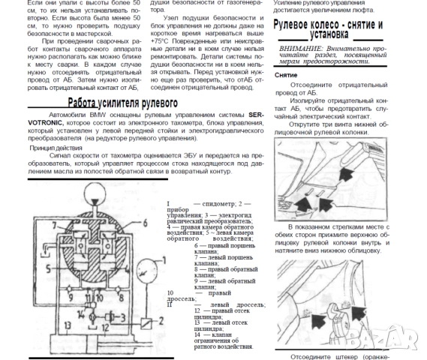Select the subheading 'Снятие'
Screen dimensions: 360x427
pyautogui.click(x=287, y=76)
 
